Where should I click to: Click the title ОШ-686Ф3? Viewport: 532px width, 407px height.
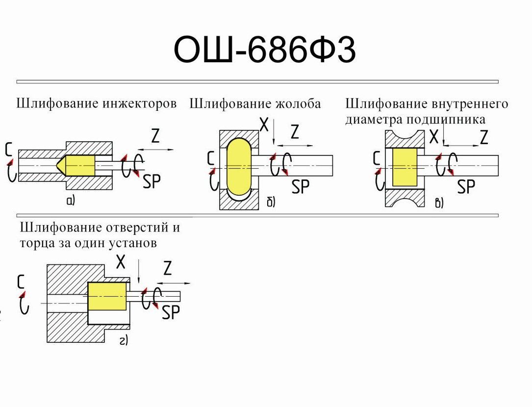[265, 50]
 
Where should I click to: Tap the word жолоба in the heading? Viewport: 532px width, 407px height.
[298, 104]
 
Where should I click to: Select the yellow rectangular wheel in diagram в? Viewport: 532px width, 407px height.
[405, 167]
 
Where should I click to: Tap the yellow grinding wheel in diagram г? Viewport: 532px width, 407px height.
[107, 296]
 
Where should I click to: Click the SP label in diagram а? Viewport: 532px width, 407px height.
[152, 181]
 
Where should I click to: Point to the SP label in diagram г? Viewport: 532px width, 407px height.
[171, 312]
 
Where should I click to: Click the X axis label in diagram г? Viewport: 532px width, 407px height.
[121, 263]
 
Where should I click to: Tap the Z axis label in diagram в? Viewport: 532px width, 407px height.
[483, 138]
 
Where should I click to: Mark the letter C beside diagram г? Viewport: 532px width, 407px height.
[21, 281]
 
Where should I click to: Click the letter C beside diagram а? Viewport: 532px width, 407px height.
[8, 149]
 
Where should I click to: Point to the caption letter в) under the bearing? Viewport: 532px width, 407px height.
[439, 203]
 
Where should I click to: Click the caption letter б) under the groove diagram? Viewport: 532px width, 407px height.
[271, 202]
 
